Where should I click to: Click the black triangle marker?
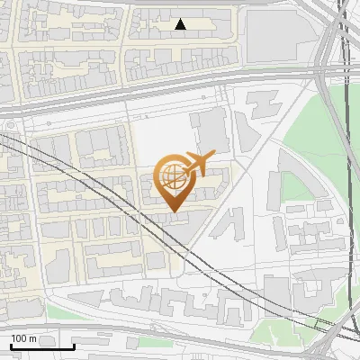point(181,24)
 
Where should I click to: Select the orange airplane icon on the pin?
point(198,164)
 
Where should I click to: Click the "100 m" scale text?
point(24,338)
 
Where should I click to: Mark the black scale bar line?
point(41,346)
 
